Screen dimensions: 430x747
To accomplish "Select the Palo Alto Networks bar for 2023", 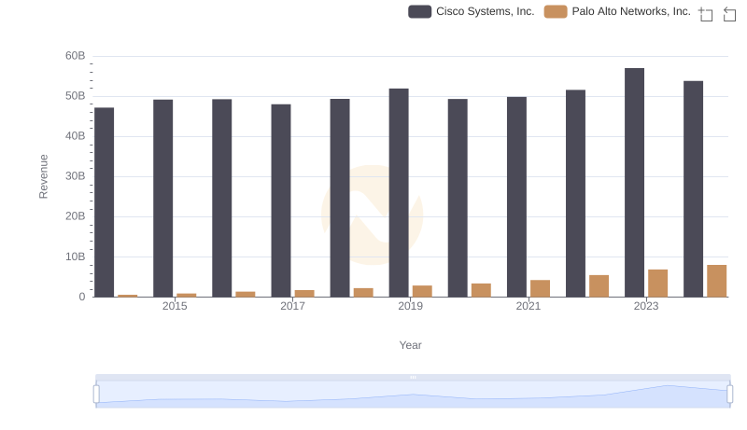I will tap(658, 284).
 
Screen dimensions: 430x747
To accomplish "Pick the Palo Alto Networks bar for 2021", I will tap(540, 288).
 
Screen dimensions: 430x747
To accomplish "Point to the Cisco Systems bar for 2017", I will tap(281, 201).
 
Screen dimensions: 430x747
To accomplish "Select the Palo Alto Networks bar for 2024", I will tap(717, 281).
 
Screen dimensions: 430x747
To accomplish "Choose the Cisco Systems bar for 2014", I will tap(105, 202).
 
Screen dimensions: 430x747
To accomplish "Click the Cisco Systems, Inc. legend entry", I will tap(472, 12).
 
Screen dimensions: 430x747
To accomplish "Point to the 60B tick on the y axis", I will tap(76, 56).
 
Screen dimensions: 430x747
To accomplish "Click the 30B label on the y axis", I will tap(76, 176).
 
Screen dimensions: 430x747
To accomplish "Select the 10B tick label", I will tap(76, 257).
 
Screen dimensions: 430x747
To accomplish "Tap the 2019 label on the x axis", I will tap(410, 306).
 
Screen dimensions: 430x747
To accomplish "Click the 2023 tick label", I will tap(646, 306).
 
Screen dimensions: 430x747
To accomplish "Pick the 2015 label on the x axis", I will tap(175, 306).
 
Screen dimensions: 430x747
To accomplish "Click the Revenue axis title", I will tap(43, 176).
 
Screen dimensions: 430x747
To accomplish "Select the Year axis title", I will tap(411, 345).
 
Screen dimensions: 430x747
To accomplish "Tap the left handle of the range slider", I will tap(96, 395).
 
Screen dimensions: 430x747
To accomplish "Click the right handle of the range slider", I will tap(729, 395).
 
